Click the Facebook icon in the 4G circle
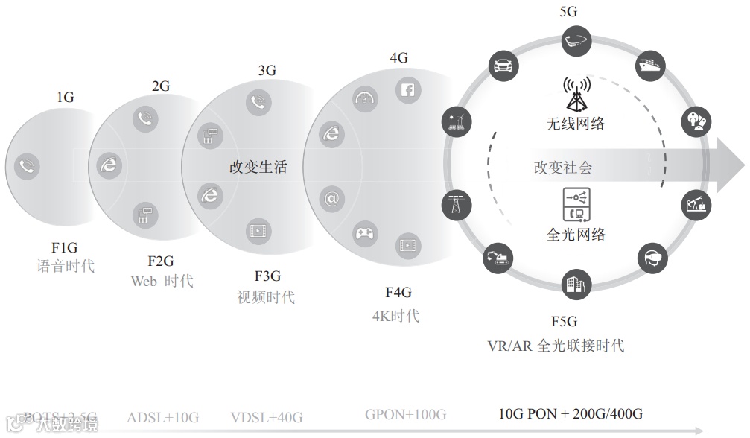coord(409,91)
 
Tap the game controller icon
coord(364,235)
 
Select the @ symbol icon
coord(331,199)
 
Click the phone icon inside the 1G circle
coord(28,166)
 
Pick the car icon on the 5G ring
coord(502,65)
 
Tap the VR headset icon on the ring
coord(652,258)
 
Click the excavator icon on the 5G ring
coord(498,258)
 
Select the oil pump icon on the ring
coord(696,203)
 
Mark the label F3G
coord(267,277)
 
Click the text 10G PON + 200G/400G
coord(571,414)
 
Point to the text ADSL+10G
coord(162,416)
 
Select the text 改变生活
coord(258,168)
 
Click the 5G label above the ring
coord(568,11)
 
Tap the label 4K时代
coord(395,315)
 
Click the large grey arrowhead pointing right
coord(731,164)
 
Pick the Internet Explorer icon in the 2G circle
coord(109,165)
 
